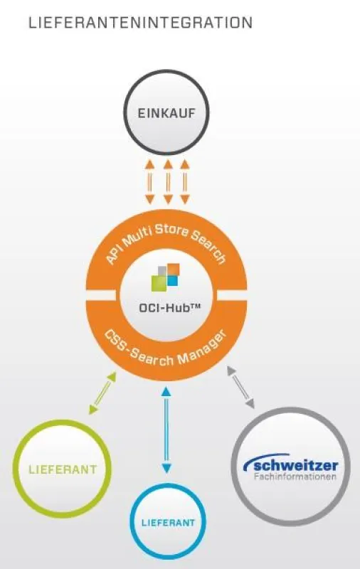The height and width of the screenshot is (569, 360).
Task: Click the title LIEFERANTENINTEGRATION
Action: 140,23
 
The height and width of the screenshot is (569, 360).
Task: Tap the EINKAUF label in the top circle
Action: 166,113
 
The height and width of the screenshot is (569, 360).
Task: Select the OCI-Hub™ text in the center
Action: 170,308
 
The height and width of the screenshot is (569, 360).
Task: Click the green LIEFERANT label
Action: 63,469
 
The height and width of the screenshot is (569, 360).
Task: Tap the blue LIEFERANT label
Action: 168,523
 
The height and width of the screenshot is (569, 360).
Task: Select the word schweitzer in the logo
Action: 295,466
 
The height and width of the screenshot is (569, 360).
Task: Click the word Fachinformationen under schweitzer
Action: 295,477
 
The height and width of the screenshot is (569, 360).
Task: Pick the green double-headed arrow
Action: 102,393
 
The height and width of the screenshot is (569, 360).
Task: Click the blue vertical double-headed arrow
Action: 166,430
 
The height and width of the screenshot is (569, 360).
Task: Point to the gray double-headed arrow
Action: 241,387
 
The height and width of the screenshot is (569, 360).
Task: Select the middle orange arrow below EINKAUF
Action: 167,181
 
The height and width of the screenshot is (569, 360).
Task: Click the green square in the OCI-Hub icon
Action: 159,283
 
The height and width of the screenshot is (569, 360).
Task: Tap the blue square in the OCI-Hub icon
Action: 173,280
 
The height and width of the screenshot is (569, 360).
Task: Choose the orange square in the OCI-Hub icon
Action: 174,270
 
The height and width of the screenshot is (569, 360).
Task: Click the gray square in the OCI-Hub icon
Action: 162,271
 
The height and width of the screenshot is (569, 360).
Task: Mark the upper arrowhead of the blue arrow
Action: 166,392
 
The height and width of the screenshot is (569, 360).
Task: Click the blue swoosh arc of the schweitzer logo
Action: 265,459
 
